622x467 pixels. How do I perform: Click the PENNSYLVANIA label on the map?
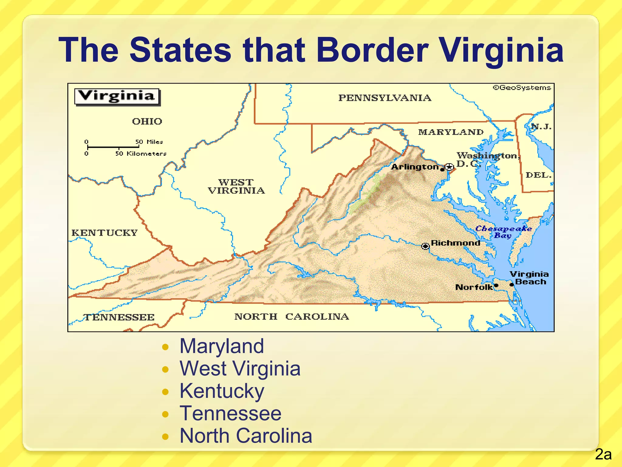coord(384,98)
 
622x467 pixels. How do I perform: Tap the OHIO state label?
coord(147,121)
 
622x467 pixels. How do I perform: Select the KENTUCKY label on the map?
coord(104,233)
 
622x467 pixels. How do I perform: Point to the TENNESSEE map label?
coord(119,317)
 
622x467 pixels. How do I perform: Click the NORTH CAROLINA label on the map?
coord(292,317)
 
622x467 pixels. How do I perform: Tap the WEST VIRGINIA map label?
coord(236,186)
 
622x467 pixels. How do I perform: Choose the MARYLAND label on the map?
coord(451,132)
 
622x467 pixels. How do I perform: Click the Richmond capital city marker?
coord(425,246)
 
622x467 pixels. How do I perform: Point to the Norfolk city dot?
coord(496,285)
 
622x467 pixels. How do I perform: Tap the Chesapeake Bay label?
coord(503,232)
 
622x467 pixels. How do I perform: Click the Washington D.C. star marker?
coord(449,167)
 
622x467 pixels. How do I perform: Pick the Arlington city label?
coord(415,167)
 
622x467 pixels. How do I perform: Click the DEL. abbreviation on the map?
coord(538,175)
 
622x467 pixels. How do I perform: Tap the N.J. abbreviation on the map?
coord(541,126)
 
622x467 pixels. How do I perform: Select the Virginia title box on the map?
coord(117,96)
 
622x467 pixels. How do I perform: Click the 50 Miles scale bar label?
coord(149,142)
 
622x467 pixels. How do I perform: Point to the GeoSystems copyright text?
coord(521,88)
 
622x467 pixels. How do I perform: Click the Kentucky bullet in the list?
coord(222,391)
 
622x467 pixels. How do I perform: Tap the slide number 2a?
coord(603,455)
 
